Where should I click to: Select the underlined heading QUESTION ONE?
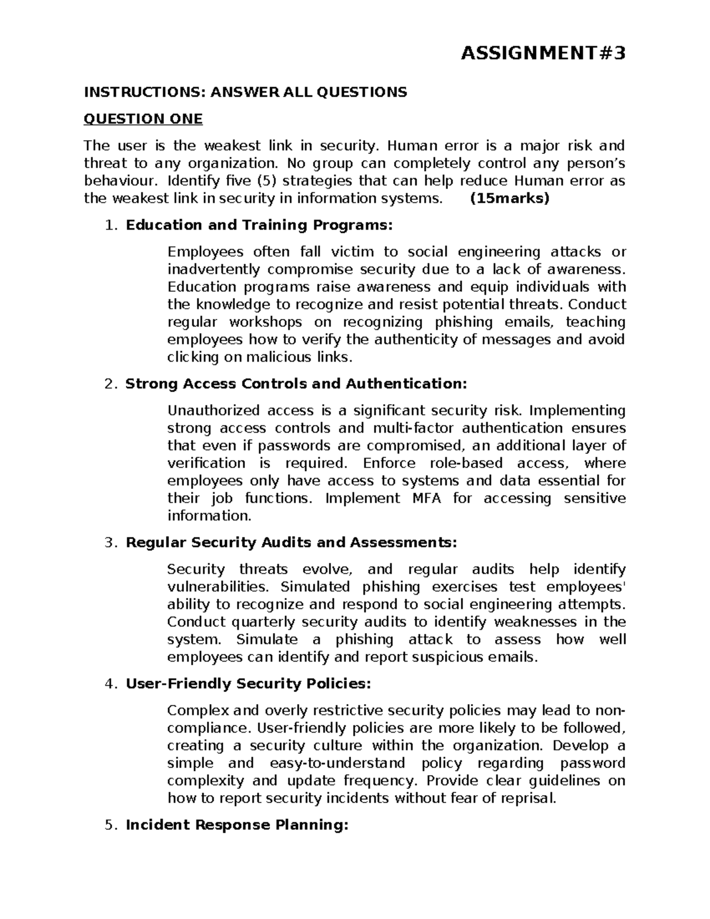click(x=143, y=119)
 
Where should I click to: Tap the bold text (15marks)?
click(x=509, y=198)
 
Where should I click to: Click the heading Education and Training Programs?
click(x=259, y=225)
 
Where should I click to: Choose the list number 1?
click(x=108, y=225)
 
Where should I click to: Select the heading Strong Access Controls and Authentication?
click(x=296, y=383)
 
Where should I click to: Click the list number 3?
click(x=108, y=542)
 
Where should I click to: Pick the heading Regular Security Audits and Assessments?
click(x=291, y=542)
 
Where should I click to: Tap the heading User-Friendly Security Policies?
click(x=248, y=683)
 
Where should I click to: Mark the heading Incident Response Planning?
click(x=237, y=824)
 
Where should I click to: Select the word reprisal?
click(x=527, y=798)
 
